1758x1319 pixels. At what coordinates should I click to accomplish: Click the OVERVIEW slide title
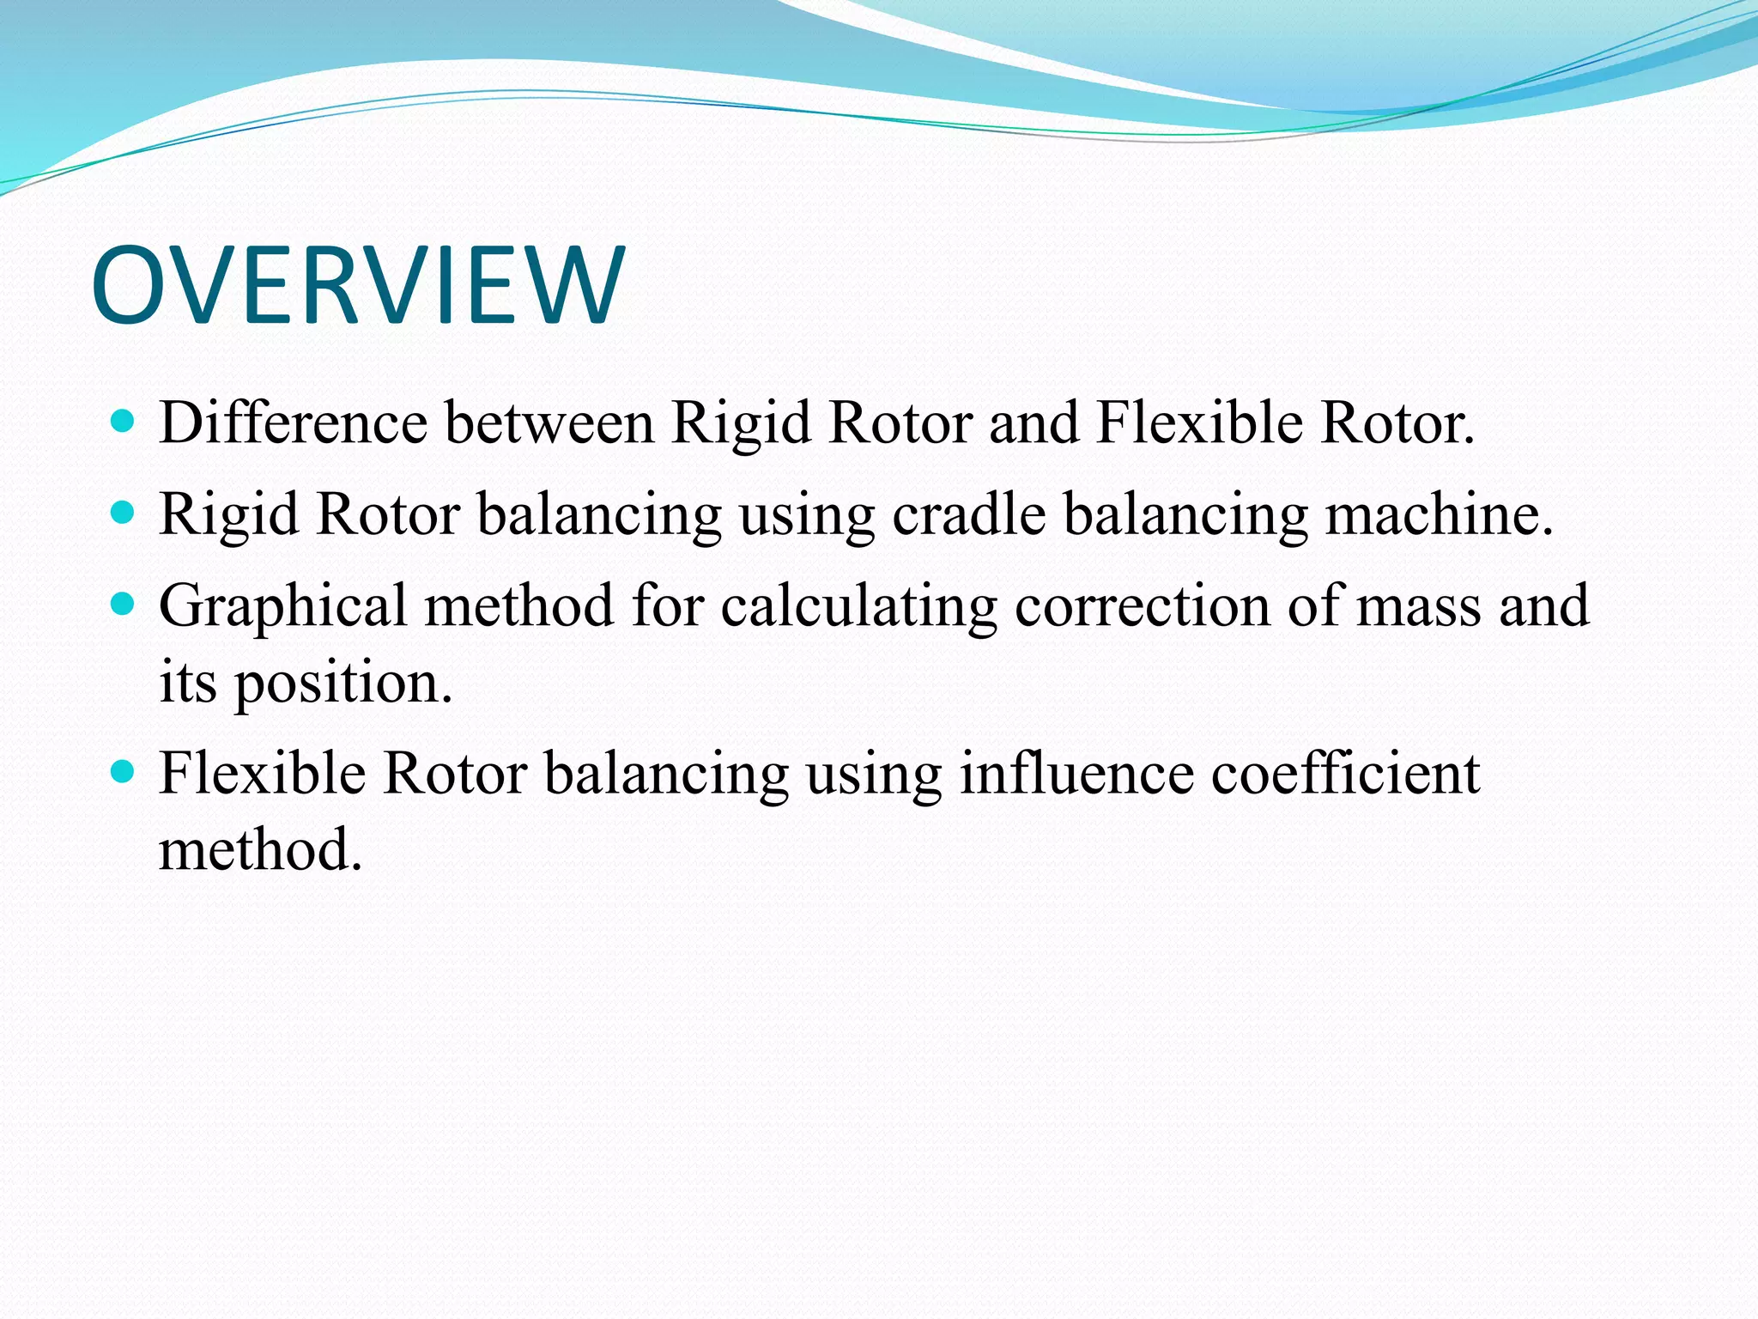tap(358, 285)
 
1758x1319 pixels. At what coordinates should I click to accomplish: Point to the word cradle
tap(968, 514)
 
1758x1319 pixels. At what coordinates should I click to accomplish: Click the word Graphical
tap(282, 605)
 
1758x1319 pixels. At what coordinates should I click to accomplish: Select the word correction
tap(1142, 605)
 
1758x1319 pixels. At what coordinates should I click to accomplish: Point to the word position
tap(343, 684)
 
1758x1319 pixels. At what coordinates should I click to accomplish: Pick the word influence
tap(1076, 773)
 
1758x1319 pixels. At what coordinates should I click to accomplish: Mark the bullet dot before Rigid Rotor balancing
tap(124, 514)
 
